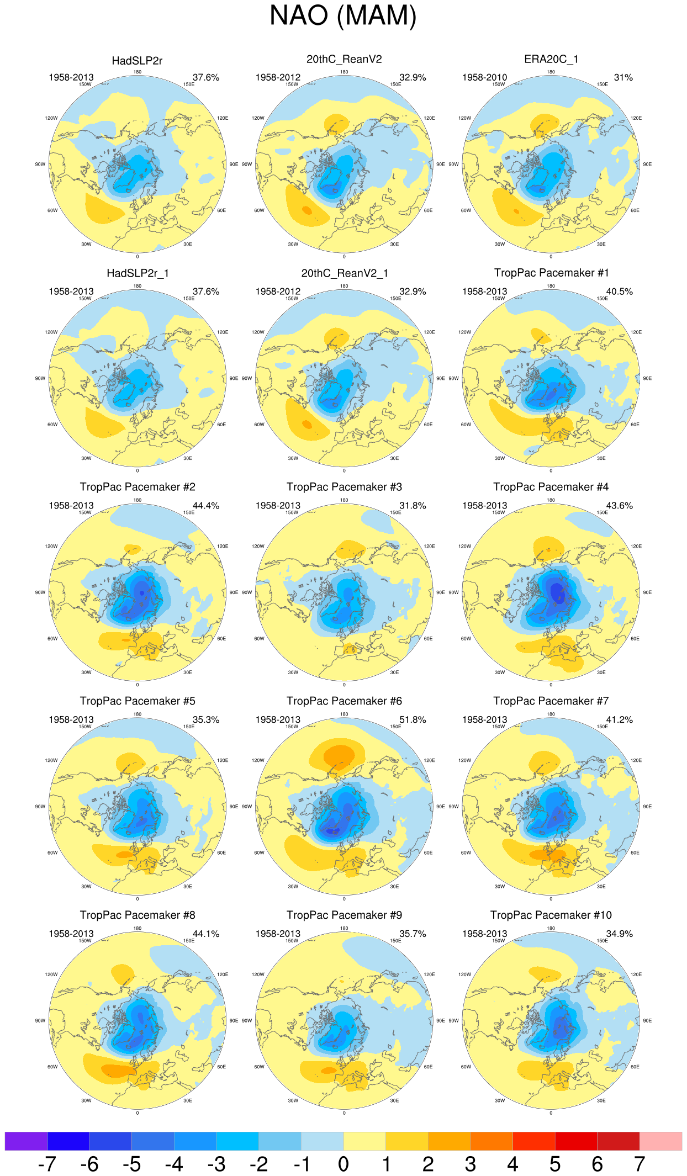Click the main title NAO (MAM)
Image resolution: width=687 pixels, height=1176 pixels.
(x=343, y=16)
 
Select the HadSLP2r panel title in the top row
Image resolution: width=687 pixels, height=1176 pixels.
(x=137, y=61)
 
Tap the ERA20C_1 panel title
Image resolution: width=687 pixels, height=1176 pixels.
(x=551, y=59)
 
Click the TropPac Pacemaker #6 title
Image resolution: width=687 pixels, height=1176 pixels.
(x=344, y=701)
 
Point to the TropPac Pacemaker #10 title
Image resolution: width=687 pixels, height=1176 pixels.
(x=551, y=915)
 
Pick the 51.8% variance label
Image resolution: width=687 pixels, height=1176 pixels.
(x=413, y=719)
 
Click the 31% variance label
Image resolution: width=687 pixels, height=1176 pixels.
(x=623, y=77)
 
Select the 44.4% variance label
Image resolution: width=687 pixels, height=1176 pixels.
(x=206, y=505)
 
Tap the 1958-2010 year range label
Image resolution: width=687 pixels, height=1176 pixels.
(x=484, y=77)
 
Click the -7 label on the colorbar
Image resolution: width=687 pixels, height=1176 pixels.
(x=47, y=1164)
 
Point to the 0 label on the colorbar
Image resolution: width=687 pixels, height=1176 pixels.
(x=343, y=1164)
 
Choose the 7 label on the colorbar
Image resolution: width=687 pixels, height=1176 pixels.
(x=640, y=1164)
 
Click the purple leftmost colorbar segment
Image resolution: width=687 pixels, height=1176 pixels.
(x=26, y=1141)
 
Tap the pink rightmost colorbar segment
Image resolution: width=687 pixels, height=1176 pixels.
(x=660, y=1141)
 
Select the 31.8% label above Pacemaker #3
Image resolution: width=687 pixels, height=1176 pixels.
(x=413, y=505)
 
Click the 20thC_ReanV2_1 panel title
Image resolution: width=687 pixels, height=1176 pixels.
(x=344, y=273)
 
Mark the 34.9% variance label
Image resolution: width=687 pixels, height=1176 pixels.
(x=619, y=934)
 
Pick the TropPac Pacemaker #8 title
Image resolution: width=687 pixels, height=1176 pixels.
(x=138, y=915)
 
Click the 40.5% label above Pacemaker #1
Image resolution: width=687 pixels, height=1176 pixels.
(x=619, y=292)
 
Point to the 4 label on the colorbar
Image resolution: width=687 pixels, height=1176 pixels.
(x=512, y=1164)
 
